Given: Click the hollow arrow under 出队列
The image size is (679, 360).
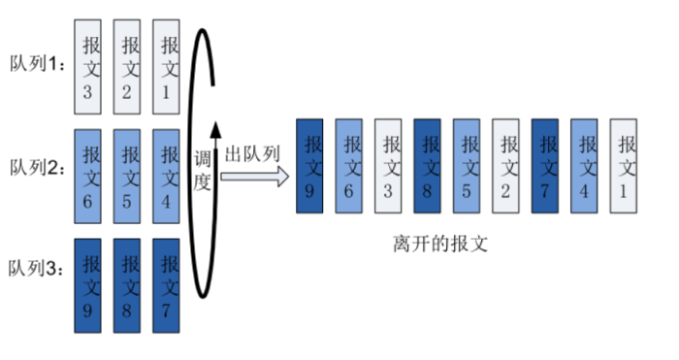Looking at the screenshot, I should click(x=255, y=177).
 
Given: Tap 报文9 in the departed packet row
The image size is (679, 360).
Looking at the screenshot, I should click(x=310, y=165).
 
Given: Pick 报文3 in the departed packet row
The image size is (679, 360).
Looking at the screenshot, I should click(x=389, y=165).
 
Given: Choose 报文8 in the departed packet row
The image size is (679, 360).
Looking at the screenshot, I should click(x=428, y=165).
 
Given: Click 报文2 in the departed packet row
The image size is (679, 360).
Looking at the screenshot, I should click(x=506, y=165).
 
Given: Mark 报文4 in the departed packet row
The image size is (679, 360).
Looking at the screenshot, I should click(x=584, y=165).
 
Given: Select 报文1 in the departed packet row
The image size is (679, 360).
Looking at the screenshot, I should click(x=623, y=165).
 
